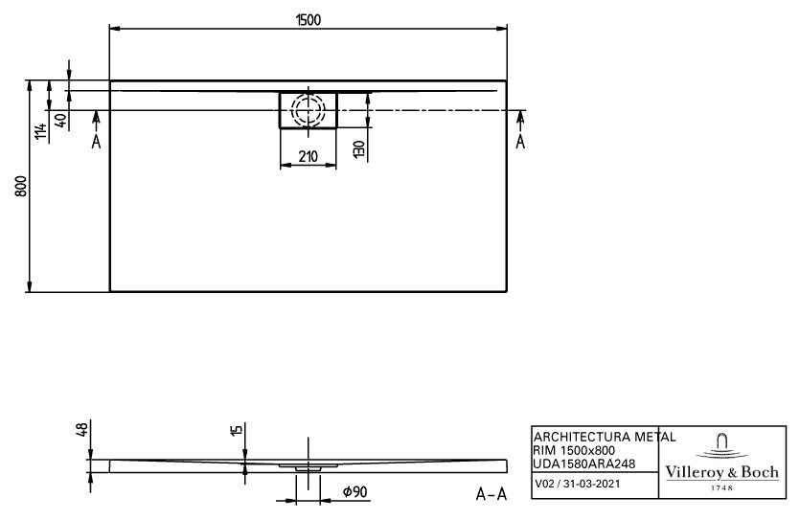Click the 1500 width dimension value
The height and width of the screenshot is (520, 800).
click(309, 20)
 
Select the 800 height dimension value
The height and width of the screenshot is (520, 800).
click(20, 187)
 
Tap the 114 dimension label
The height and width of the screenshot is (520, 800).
click(41, 131)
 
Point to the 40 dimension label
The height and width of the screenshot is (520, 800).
click(60, 121)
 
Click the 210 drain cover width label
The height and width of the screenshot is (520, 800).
click(309, 156)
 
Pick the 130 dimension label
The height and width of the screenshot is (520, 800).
click(359, 148)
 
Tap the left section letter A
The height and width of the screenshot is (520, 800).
click(96, 141)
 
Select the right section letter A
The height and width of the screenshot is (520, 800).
click(520, 141)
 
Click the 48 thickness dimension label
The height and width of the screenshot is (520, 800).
click(82, 428)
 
